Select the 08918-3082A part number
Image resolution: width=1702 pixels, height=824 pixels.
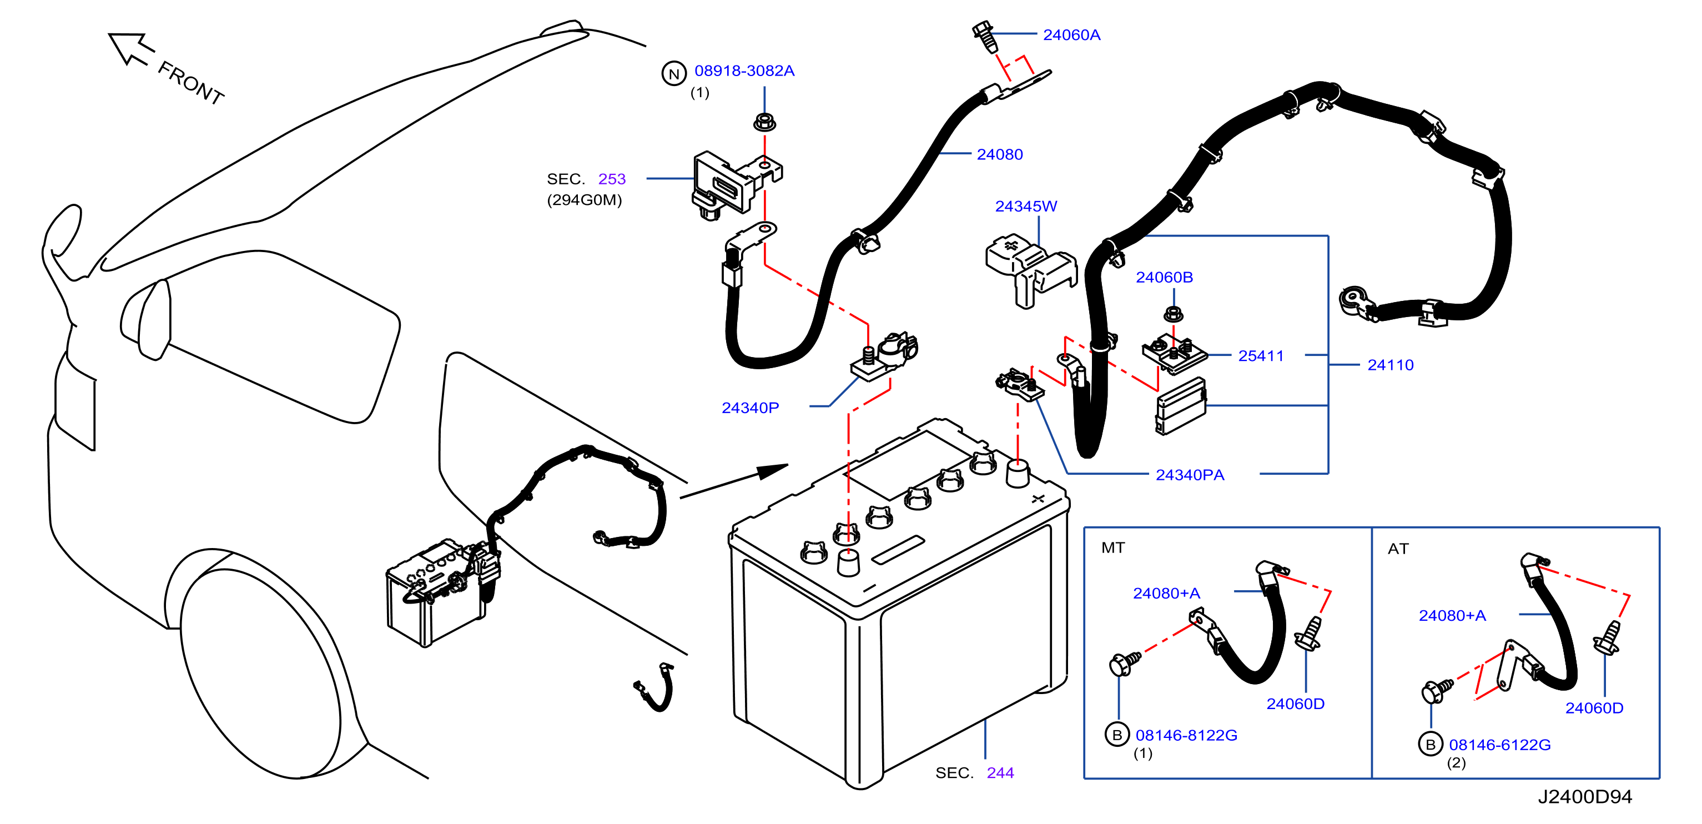click(744, 71)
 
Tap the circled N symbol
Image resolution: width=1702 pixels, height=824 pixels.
click(673, 74)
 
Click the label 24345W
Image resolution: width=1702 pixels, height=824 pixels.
click(1025, 206)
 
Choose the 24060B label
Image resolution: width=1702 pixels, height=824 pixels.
click(1164, 278)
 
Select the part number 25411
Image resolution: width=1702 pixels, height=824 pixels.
click(1261, 356)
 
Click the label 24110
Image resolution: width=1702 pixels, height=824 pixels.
click(1390, 365)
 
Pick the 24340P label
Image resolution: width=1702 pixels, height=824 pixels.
click(750, 408)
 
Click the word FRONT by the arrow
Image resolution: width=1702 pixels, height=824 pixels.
click(191, 83)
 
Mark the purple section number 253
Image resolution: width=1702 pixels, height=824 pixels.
click(612, 179)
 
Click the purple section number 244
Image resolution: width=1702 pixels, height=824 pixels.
click(1000, 773)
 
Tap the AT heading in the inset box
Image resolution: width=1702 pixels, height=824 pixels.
click(1398, 549)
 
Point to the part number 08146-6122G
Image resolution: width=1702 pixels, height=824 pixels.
click(1499, 745)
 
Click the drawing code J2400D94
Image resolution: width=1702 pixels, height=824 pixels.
click(1584, 797)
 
